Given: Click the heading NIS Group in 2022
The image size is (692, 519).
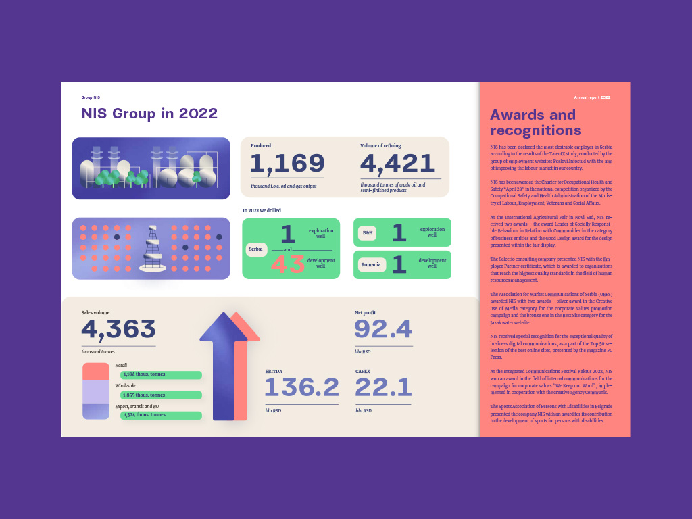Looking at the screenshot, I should (149, 114).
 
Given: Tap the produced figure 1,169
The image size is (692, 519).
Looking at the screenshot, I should (287, 164).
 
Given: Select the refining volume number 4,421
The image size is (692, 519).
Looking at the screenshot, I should (397, 164).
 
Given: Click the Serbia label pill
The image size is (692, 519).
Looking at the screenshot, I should (256, 249).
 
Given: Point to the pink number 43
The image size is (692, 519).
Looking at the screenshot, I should (288, 264).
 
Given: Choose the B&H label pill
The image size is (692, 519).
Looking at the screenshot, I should (368, 233).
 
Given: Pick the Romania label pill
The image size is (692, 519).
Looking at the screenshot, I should (372, 265).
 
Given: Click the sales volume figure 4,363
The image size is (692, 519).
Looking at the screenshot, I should (119, 330).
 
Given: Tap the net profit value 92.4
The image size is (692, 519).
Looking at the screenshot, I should (383, 329).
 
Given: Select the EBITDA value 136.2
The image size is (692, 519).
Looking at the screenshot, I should (301, 388).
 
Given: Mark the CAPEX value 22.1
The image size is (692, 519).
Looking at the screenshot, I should (383, 388).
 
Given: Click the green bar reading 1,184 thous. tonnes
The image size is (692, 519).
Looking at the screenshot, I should (161, 375).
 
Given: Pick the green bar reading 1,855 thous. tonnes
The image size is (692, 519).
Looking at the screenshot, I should (161, 395).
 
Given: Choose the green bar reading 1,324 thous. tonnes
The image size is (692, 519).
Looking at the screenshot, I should (161, 415).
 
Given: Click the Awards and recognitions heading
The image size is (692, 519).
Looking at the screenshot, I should (535, 122).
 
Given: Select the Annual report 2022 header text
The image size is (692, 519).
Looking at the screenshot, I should (592, 97).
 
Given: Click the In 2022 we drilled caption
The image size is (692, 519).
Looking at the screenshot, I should (262, 211).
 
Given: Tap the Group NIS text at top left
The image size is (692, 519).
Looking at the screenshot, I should (91, 97).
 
